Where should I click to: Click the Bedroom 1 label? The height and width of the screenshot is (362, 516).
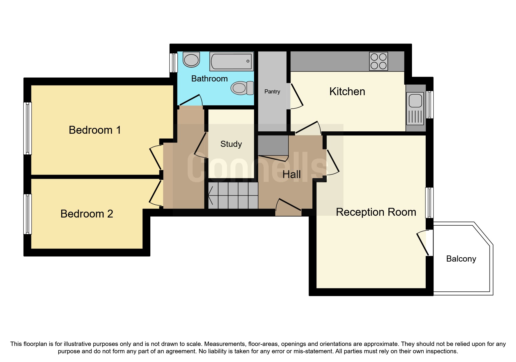pos(95,130)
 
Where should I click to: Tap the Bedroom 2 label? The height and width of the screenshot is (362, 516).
pos(87,214)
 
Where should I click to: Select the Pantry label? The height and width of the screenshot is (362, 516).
pos(272,91)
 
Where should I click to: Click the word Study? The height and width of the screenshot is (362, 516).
pos(231,144)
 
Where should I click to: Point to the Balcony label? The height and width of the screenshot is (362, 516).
pos(461,259)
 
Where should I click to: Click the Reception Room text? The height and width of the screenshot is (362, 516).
pos(376,212)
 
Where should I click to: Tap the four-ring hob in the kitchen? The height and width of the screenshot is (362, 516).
pos(378,61)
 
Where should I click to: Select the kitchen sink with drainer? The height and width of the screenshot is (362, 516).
pos(415,108)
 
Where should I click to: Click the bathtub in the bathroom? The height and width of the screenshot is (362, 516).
pos(231,61)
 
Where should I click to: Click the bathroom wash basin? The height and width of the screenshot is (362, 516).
pos(191,60)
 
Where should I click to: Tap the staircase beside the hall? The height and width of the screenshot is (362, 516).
pos(233,196)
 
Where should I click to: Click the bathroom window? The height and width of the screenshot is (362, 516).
pos(173,62)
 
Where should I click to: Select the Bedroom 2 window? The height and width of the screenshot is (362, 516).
pos(27,214)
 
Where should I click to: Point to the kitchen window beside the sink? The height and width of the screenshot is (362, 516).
pos(429,105)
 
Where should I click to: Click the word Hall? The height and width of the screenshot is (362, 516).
pos(291,175)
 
